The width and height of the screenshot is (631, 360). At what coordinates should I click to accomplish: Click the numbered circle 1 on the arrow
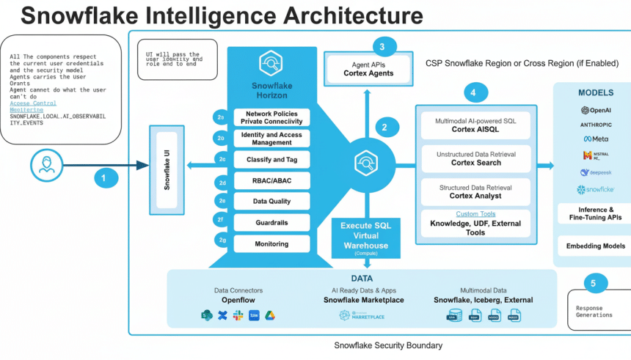105,177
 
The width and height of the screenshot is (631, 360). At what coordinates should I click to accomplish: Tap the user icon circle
47,165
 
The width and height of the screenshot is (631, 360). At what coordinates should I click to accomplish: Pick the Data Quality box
271,202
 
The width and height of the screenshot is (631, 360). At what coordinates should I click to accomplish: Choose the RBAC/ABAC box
271,180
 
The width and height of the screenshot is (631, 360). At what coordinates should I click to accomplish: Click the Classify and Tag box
271,159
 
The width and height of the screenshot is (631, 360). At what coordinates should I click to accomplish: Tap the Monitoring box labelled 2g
271,243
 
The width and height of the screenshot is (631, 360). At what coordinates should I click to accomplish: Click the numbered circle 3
382,47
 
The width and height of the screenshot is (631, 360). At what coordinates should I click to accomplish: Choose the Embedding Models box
594,246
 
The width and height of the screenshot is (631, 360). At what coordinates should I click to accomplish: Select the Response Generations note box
598,310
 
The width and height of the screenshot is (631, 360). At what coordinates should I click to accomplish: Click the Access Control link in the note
33,103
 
